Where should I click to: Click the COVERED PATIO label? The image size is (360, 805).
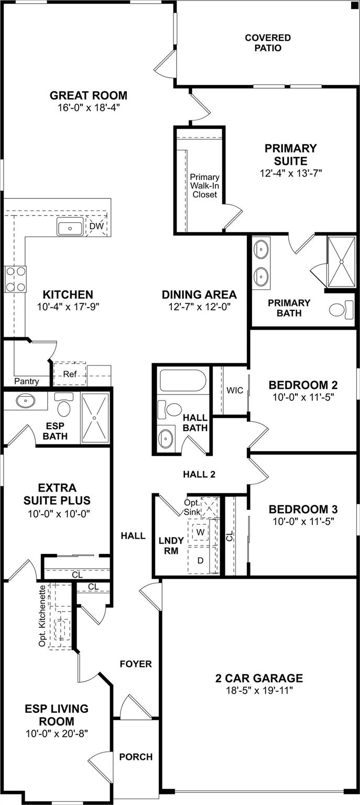click(x=267, y=43)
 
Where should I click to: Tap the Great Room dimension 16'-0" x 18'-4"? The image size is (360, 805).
click(x=89, y=108)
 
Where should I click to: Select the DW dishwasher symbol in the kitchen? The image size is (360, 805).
click(x=96, y=226)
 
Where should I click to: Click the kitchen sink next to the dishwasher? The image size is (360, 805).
click(x=70, y=229)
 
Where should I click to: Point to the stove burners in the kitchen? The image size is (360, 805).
click(x=15, y=279)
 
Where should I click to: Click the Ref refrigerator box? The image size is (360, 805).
click(x=70, y=374)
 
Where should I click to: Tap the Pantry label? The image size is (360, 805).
click(x=26, y=382)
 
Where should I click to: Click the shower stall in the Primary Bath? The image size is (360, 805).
click(x=341, y=262)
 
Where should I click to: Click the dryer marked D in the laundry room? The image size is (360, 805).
click(x=200, y=560)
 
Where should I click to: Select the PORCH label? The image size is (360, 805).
click(x=136, y=757)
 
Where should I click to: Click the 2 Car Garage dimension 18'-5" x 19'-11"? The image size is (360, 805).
click(x=259, y=690)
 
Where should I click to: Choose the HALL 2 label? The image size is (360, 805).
click(x=199, y=474)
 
